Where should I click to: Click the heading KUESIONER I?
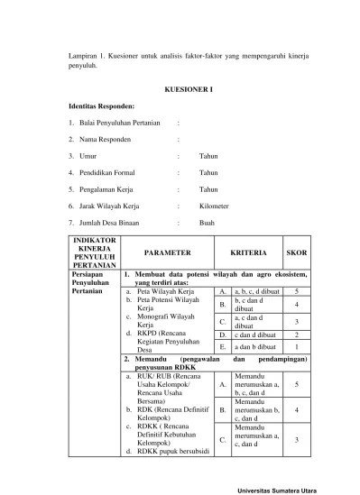pyautogui.click(x=187, y=90)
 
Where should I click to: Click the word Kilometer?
pyautogui.click(x=215, y=206)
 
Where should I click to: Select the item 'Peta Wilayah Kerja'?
pyautogui.click(x=166, y=292)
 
